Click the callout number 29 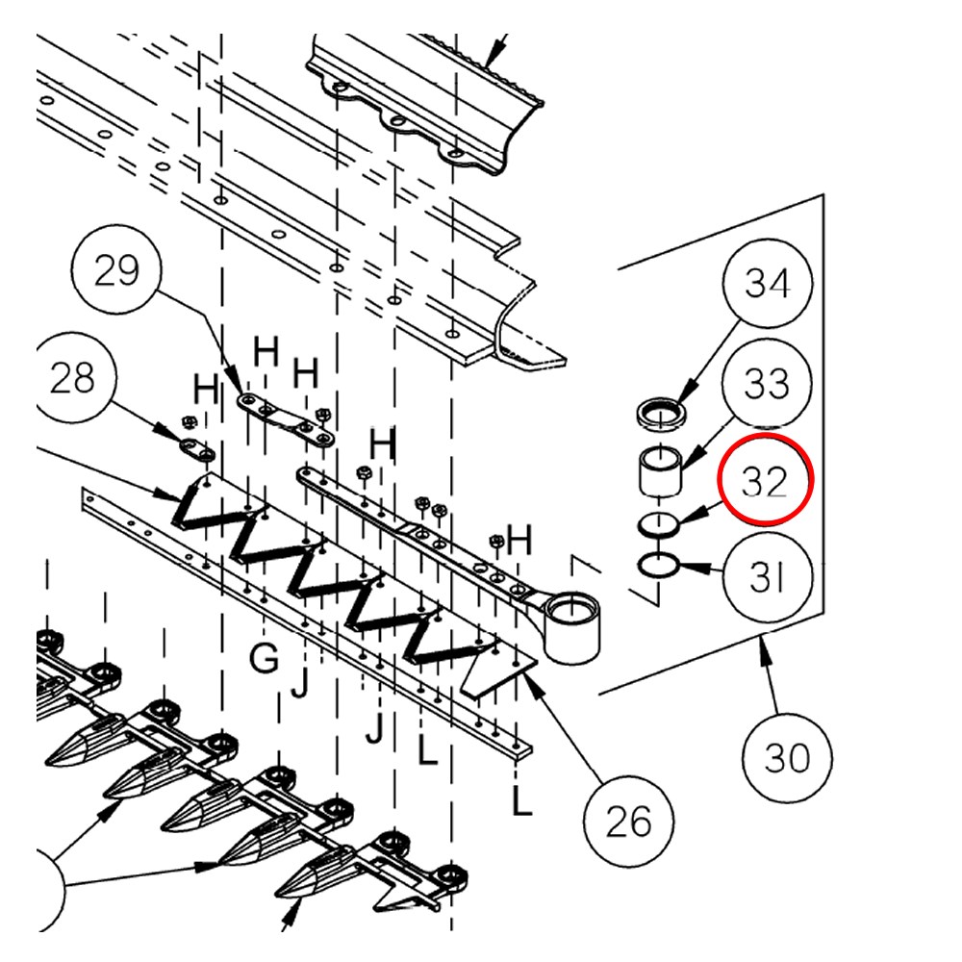116,271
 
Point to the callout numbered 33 766,384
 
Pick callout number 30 787,758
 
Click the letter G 264,659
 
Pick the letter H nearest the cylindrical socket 519,542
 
